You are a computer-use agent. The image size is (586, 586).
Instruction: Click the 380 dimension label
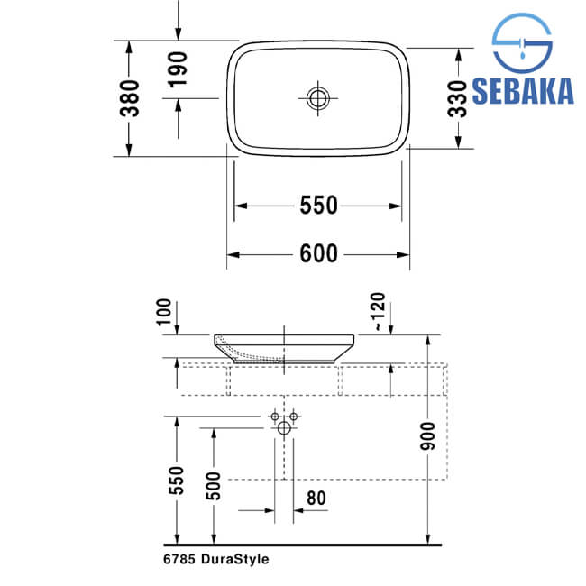pos(130,98)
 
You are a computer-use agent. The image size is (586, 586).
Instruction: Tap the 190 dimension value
pos(178,70)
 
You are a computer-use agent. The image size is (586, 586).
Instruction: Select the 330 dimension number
pos(458,99)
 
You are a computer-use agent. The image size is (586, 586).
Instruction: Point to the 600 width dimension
pos(319,253)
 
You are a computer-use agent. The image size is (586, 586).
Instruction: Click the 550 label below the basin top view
pos(319,206)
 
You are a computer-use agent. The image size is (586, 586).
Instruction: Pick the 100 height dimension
pos(164,312)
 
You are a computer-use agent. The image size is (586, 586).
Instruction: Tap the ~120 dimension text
pos(379,312)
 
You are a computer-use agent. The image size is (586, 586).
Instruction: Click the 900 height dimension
pos(428,436)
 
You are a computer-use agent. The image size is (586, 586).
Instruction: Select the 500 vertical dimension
pos(214,486)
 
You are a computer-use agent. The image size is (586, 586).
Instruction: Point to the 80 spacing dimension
pos(316,499)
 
